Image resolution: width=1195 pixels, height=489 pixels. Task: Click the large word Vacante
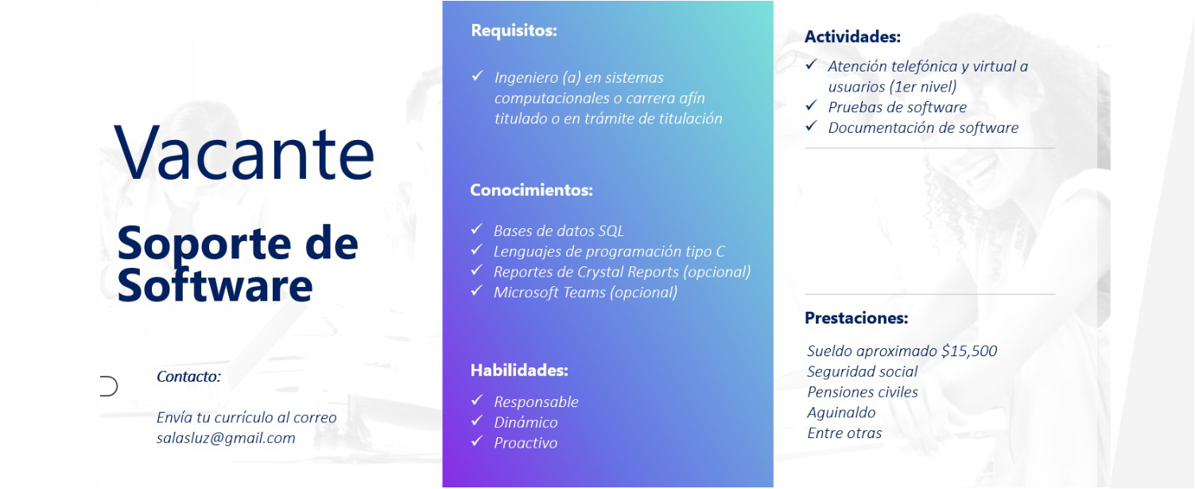(244, 153)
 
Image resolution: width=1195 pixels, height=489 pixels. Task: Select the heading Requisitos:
(514, 31)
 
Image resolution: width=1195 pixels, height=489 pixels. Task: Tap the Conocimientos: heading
(531, 190)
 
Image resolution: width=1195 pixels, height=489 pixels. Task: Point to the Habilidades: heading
(519, 370)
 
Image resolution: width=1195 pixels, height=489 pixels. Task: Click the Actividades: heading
(852, 37)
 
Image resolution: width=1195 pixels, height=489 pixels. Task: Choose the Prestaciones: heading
(856, 318)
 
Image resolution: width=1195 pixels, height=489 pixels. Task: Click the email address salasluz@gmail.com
(226, 438)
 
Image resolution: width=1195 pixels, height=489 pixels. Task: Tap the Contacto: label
(188, 376)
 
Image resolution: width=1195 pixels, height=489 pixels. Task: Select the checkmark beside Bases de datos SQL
(477, 229)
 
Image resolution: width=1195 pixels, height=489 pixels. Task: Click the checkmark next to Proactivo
(477, 441)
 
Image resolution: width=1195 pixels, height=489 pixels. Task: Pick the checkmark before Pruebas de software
(812, 105)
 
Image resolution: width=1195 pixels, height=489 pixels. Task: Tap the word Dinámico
(526, 423)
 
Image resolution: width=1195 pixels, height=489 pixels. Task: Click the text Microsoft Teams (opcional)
(586, 293)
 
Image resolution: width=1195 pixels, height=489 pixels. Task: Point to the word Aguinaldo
(841, 413)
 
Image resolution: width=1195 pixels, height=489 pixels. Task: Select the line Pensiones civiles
(863, 392)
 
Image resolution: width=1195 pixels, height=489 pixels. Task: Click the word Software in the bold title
(215, 285)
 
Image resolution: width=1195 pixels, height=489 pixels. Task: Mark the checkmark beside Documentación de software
(812, 126)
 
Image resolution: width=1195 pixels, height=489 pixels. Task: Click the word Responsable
(536, 402)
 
